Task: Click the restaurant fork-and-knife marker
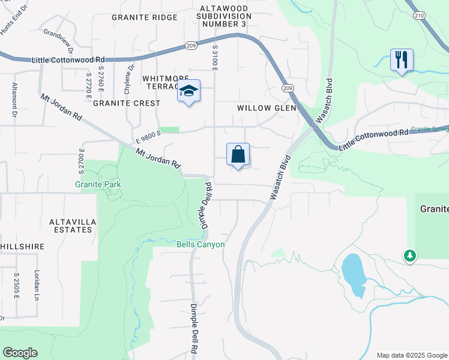coord(402,60)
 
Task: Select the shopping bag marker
coord(238,154)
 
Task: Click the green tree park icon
coord(410,256)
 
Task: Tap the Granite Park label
coord(98,184)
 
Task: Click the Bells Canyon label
coord(200,244)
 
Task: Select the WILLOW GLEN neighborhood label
coord(267,108)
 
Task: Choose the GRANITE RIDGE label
coord(145,17)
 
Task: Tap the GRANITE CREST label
coord(126,103)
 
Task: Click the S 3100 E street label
coord(214,59)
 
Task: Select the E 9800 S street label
coord(148,137)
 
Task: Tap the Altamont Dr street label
coord(13,95)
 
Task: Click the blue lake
coord(353,275)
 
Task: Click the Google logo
coord(20,353)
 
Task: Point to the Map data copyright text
coord(411,355)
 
